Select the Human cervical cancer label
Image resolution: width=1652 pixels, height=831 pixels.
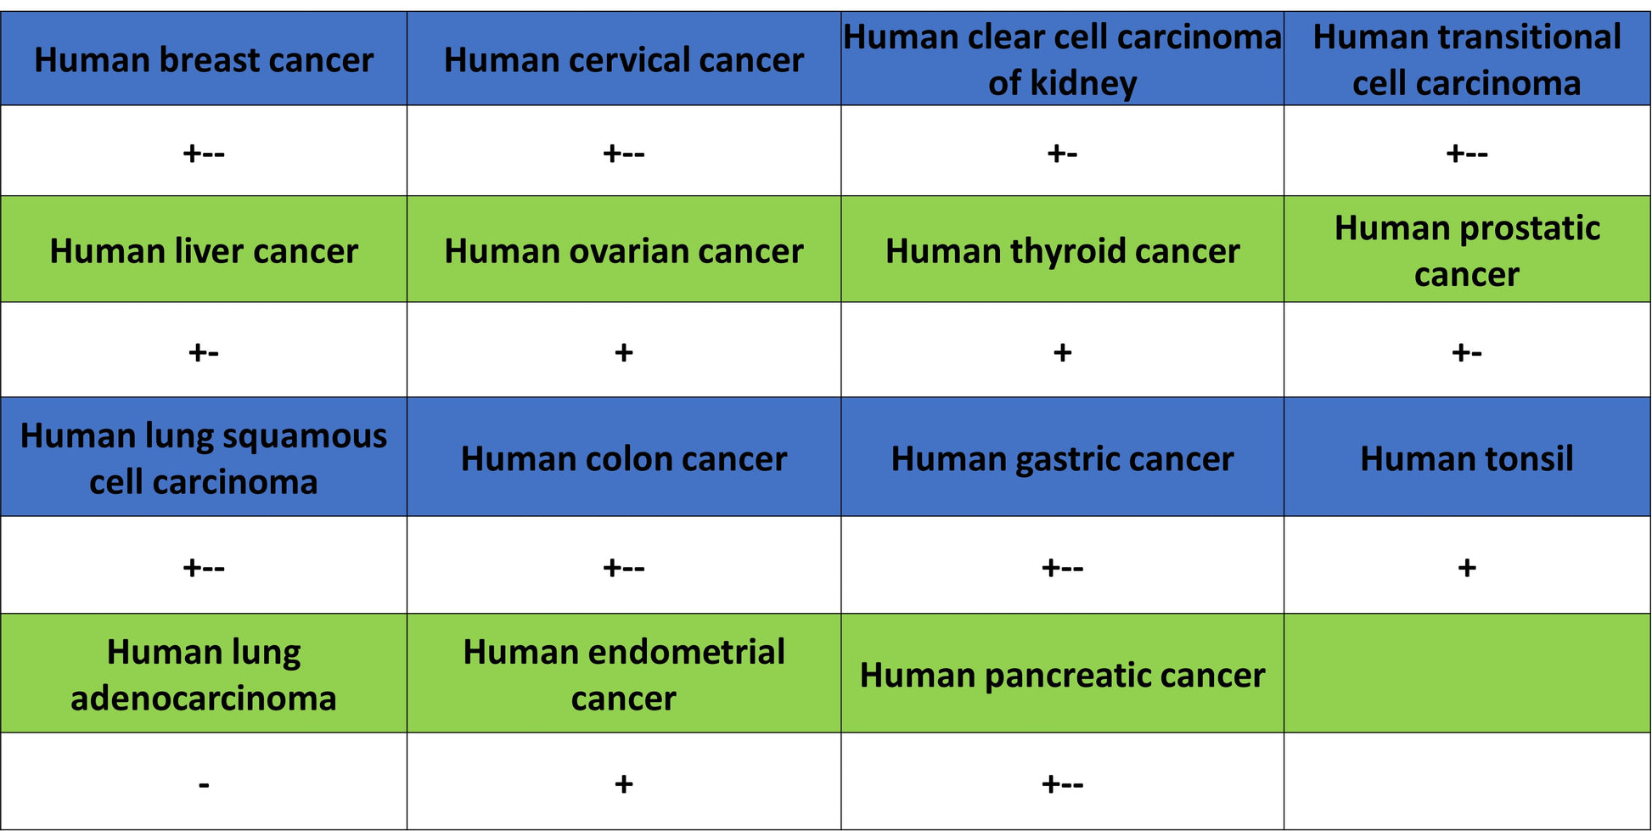click(624, 60)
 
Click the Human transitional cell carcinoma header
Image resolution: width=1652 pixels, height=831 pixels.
click(1467, 60)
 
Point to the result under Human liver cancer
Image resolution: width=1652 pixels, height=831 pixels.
click(204, 351)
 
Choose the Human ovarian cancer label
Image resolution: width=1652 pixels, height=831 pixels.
click(624, 251)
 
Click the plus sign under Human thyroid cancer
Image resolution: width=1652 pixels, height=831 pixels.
click(1062, 352)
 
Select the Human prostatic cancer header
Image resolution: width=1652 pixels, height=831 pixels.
click(1467, 251)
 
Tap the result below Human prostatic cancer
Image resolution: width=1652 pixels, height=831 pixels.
click(1467, 351)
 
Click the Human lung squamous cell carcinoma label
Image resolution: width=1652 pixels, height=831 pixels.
click(204, 458)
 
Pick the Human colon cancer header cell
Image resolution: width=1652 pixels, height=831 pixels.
click(624, 459)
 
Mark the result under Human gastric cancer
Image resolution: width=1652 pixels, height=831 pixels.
click(1062, 567)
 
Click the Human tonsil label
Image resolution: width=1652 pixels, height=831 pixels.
click(1467, 459)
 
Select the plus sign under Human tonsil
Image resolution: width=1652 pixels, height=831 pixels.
click(1467, 567)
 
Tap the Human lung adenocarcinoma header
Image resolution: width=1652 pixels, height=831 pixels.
click(204, 675)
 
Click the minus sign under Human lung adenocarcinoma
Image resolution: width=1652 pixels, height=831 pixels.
click(204, 785)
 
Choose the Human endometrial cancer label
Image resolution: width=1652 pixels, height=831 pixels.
click(624, 675)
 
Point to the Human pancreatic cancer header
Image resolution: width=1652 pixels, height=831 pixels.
click(1062, 676)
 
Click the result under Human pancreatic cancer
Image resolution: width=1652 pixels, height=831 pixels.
click(1062, 783)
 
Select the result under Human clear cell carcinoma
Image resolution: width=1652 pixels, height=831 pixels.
click(1062, 153)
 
